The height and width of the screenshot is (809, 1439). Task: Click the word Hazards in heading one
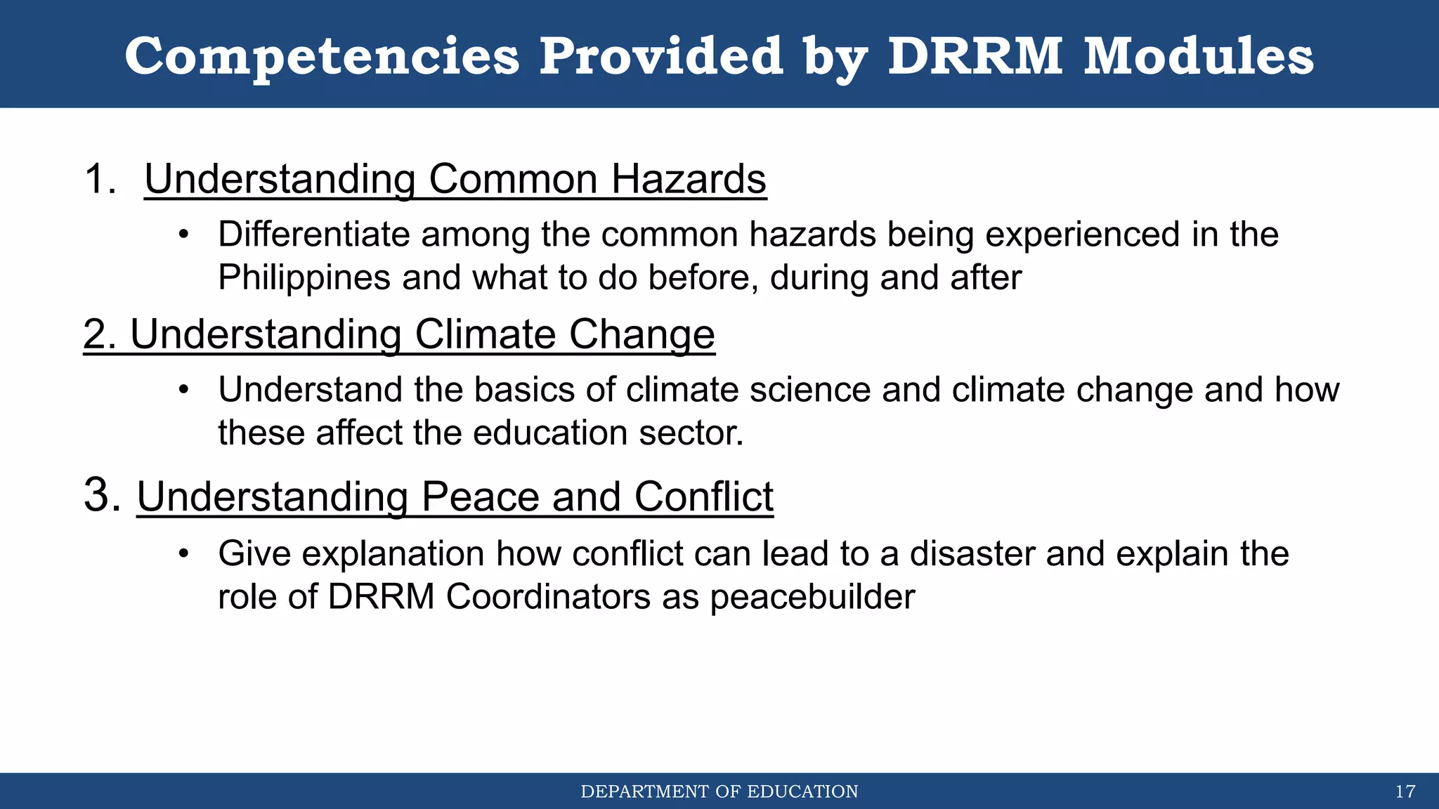(x=689, y=179)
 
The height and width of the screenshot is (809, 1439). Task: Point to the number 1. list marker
(x=100, y=179)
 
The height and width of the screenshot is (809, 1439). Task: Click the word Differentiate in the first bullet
(x=313, y=235)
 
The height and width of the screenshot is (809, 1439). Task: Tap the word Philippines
(x=304, y=278)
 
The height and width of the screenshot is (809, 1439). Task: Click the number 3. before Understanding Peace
(x=103, y=495)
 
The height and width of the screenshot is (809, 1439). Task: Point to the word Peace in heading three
(x=480, y=497)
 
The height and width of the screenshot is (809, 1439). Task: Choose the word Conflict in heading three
(x=703, y=497)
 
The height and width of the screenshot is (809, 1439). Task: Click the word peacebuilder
(x=812, y=597)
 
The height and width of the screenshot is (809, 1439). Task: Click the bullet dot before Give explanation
(x=183, y=554)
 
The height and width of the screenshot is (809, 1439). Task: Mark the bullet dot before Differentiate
(x=183, y=235)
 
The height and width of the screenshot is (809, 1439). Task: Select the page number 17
(x=1405, y=792)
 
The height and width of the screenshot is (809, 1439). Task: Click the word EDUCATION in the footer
(x=802, y=792)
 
